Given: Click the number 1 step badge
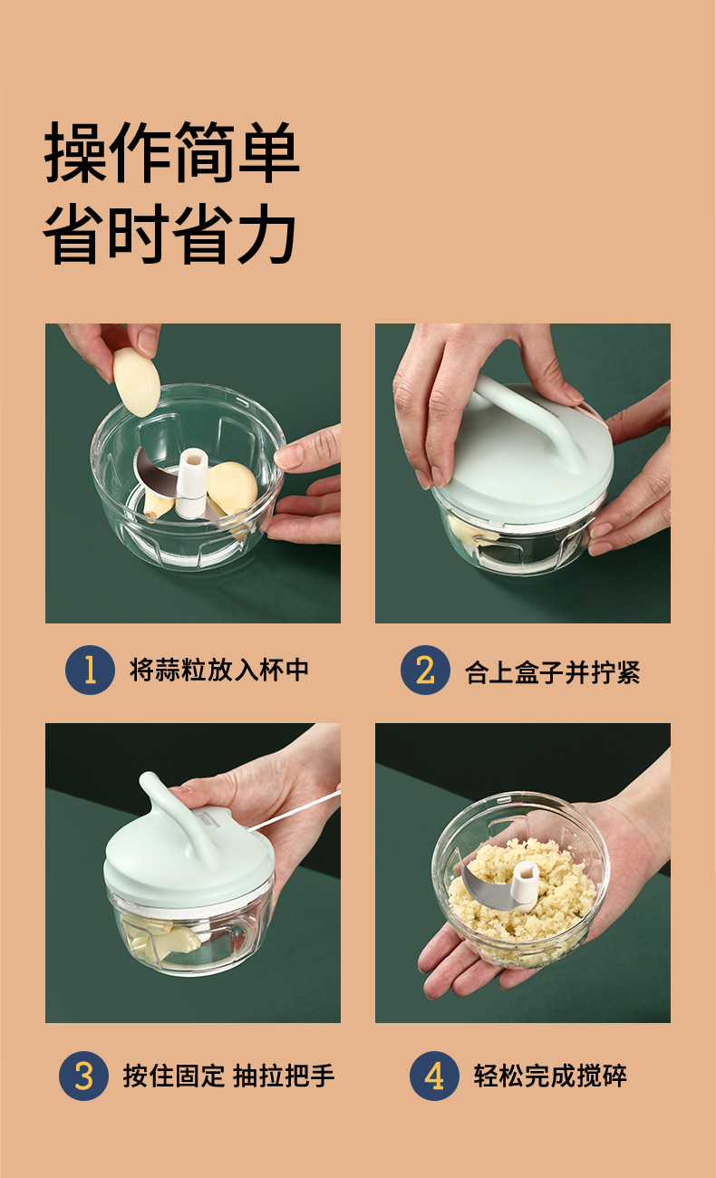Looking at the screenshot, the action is point(90,670).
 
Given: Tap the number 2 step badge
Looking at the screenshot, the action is point(425,670).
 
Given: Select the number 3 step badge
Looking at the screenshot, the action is point(83,1076).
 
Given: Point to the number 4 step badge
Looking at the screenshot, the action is point(434,1076).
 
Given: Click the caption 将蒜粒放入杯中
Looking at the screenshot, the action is point(218,670).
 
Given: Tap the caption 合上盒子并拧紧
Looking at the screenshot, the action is point(552,672).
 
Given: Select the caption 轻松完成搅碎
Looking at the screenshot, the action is point(550,1076).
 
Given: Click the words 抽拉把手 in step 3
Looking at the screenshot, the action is point(283,1076).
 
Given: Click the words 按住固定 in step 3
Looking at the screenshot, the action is point(174,1076).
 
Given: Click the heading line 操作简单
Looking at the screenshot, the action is point(172,152).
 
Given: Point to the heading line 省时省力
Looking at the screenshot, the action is point(169,234).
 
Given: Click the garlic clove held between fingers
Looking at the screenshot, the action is point(136,381).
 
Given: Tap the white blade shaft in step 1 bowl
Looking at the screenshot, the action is point(191,482).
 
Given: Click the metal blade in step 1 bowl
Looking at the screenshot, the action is point(158,473).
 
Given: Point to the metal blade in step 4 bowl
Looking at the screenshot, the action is point(488,888).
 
